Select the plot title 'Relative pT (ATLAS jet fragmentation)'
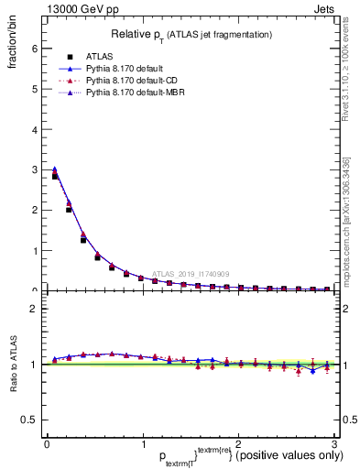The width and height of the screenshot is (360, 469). [191, 34]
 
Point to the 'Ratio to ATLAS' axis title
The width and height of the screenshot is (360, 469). [13, 363]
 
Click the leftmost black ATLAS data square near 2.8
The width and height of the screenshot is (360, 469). [55, 176]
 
